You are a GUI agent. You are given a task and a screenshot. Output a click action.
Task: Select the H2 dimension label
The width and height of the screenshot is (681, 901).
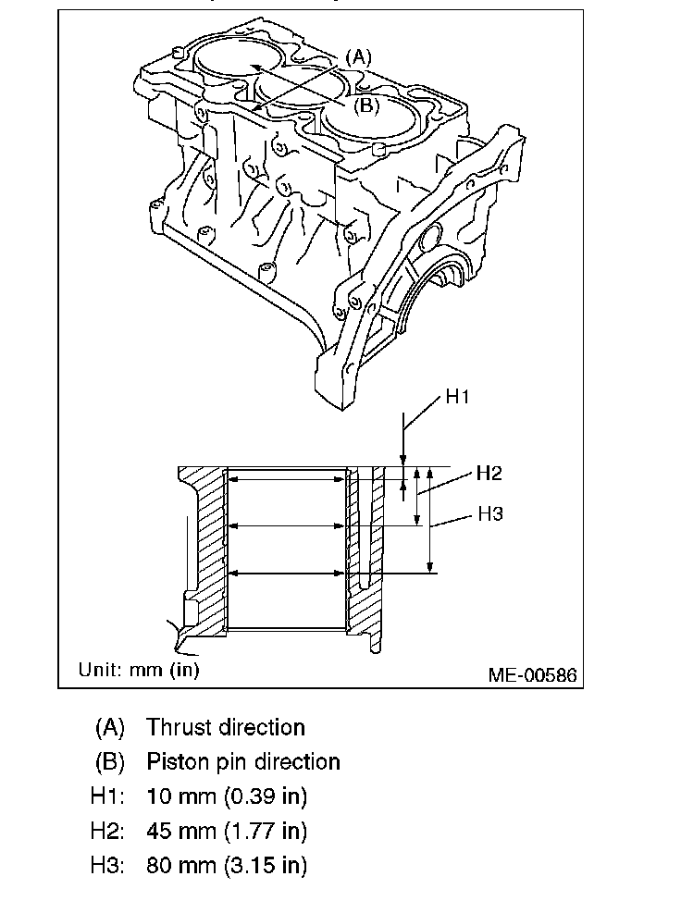click(489, 474)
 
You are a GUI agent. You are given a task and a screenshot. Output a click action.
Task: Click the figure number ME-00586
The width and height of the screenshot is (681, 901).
click(532, 675)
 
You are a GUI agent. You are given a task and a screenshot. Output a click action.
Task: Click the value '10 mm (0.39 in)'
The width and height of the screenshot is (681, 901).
click(227, 796)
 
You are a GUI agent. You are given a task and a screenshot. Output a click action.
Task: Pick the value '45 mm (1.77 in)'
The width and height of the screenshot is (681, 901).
click(227, 831)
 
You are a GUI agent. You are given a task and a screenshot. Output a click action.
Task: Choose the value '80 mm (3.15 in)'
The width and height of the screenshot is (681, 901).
click(227, 866)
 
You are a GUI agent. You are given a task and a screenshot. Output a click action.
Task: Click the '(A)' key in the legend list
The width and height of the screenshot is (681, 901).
click(109, 727)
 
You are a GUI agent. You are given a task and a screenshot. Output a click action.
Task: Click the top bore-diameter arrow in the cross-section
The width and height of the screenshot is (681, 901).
click(286, 478)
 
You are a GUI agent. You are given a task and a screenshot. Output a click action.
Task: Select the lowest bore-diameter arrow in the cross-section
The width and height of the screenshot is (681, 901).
click(286, 574)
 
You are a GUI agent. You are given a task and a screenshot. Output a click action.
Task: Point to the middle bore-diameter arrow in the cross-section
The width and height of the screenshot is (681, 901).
click(286, 525)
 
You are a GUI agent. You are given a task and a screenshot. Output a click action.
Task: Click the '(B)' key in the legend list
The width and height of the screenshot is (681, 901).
click(109, 761)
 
